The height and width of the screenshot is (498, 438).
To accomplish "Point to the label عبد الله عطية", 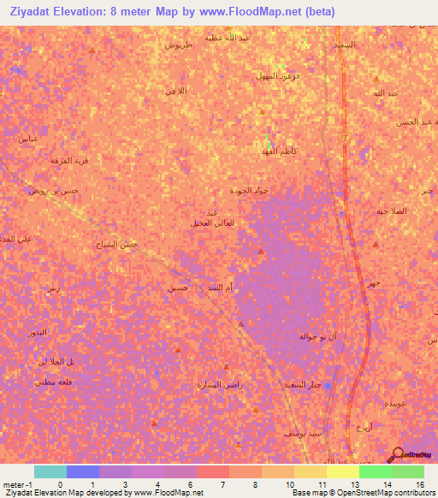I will tap(256, 39).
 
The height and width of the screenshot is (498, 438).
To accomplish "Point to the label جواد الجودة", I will tap(249, 191).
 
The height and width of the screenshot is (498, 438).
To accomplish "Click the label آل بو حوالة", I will tap(317, 336).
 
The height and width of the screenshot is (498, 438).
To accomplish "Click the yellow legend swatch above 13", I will tap(342, 471).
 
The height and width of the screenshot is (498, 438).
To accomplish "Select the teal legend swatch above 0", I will tap(50, 471).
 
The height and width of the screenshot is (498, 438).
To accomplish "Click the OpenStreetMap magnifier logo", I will tap(396, 454).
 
